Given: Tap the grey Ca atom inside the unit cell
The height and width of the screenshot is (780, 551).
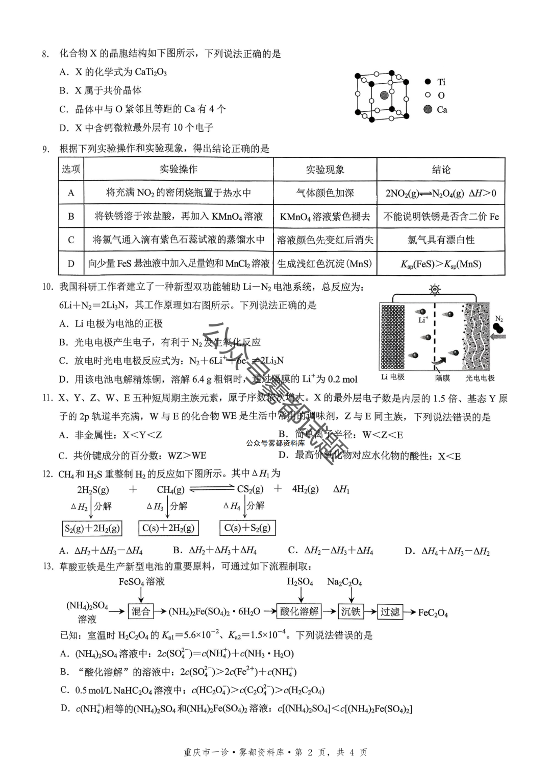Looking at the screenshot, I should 384,96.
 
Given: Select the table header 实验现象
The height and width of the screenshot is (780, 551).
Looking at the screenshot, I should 325,170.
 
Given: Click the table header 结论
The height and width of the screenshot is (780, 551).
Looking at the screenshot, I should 441,170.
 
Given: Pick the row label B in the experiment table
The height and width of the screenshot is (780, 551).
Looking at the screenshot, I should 71,217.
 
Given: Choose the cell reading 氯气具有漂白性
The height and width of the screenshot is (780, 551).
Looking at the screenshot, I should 441,240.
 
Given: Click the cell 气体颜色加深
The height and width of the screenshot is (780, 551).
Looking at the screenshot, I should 325,193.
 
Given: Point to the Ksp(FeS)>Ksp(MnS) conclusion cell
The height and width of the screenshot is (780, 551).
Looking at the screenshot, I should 441,264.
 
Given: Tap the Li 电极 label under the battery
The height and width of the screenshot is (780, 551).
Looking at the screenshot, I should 393,377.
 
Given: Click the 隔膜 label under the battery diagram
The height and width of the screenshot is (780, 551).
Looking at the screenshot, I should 442,378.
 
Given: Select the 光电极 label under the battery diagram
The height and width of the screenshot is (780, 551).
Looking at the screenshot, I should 480,378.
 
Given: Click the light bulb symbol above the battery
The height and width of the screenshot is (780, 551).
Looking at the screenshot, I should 435,290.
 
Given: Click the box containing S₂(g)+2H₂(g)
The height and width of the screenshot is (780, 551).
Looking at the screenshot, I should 92,528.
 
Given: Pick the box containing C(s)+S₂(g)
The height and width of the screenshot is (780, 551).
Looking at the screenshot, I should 247,528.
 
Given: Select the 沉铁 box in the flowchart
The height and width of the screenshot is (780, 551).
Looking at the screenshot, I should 351,611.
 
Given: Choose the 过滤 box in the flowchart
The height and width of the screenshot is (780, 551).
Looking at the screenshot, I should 390,611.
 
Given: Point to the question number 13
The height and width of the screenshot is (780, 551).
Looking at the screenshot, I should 48,566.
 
